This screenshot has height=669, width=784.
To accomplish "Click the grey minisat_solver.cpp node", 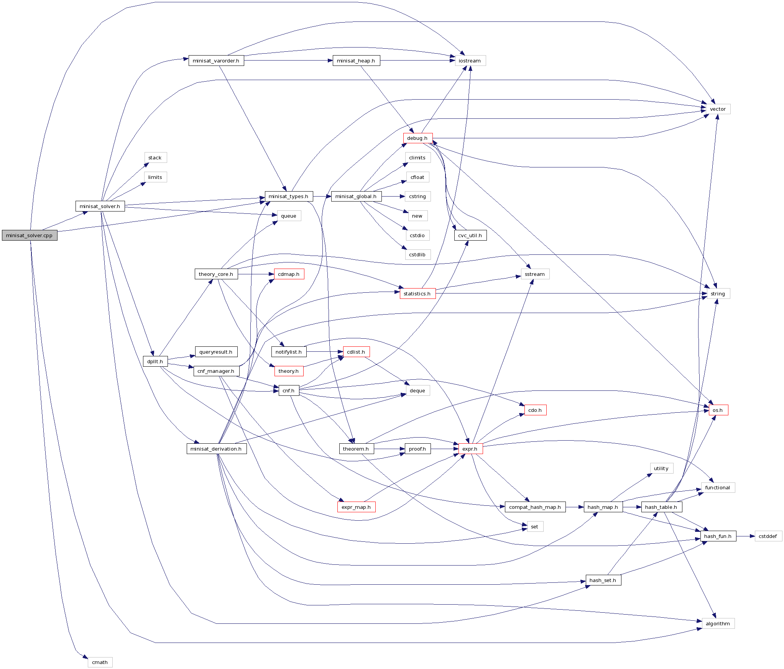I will [x=30, y=235].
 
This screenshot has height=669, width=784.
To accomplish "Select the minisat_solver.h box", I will [x=100, y=206].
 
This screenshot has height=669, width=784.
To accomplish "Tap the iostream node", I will [x=470, y=61].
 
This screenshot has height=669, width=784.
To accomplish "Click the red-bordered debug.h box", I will [x=417, y=138].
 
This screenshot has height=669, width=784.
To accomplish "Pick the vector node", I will [x=718, y=109].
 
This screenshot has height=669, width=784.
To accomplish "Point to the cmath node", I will [x=100, y=662].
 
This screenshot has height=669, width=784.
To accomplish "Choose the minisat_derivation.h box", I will [x=216, y=449].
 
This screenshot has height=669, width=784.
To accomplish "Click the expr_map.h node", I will [x=356, y=507].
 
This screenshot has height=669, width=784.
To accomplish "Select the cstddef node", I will [x=768, y=536].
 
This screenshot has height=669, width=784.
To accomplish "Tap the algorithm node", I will [x=718, y=623].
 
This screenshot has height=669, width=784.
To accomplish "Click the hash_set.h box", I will [x=603, y=580].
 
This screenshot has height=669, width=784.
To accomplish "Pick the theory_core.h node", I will [x=216, y=274].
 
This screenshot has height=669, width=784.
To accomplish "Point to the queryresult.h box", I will [x=216, y=352].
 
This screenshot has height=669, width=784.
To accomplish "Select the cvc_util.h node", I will [x=470, y=235].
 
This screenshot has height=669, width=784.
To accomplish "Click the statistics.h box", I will [x=417, y=294].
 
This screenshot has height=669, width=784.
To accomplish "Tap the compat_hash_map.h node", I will [x=535, y=507].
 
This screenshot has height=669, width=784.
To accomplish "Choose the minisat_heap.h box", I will [x=356, y=61].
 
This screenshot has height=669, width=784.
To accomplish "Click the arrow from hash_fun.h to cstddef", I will [x=745, y=536].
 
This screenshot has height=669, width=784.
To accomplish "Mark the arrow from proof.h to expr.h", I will [x=445, y=449].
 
